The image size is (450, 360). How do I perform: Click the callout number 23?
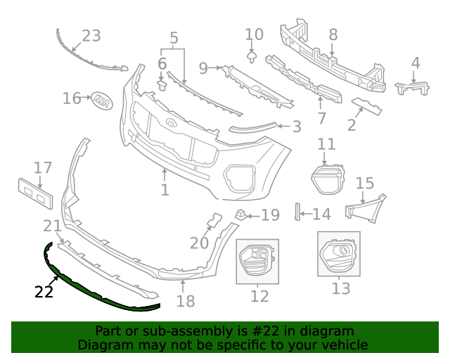(x=91, y=35)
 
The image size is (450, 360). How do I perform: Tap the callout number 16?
(x=72, y=98)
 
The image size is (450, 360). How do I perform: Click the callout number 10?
(x=254, y=34)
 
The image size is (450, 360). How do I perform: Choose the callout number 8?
(x=333, y=34)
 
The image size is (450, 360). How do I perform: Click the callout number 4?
(x=416, y=63)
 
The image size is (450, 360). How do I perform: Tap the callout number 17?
(x=43, y=168)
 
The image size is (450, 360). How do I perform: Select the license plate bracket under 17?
(x=35, y=193)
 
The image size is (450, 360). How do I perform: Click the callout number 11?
(x=326, y=145)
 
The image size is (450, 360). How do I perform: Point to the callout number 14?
(x=321, y=214)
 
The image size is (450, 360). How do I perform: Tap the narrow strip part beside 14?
(x=297, y=212)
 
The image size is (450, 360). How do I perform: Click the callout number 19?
(x=271, y=215)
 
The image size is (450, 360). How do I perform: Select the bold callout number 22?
(x=44, y=292)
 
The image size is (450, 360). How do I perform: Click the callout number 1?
(x=165, y=190)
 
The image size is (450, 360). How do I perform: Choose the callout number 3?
(x=297, y=127)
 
